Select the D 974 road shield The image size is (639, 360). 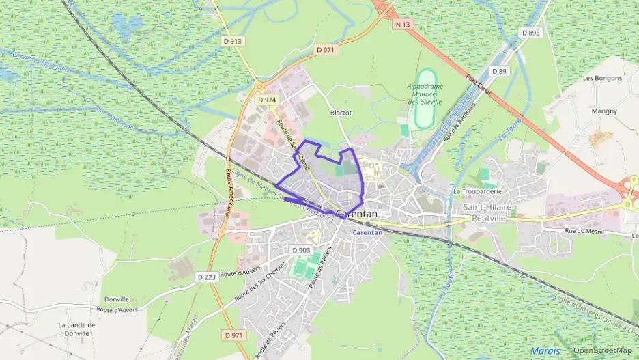(267, 100)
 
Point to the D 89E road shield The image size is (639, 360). (530, 32)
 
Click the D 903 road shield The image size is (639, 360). (301, 250)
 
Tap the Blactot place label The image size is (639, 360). (340, 113)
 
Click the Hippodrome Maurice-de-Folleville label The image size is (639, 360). (425, 94)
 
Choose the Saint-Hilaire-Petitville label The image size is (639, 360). (489, 211)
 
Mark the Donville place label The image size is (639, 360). (116, 299)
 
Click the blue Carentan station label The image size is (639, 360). (367, 232)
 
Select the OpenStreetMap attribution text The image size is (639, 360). (602, 350)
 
